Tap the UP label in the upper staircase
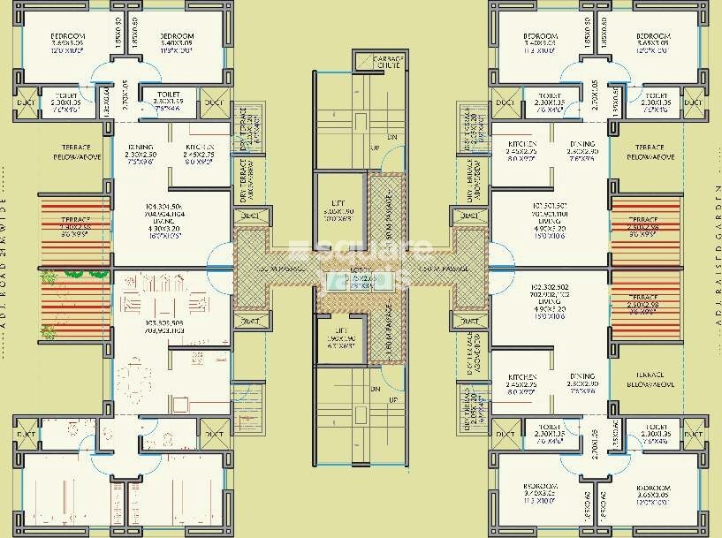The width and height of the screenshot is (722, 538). (376, 148)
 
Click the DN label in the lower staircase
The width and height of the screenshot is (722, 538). (376, 389)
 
